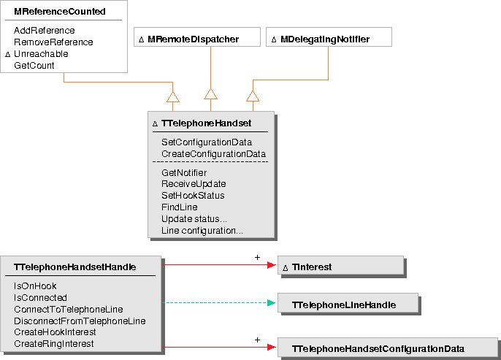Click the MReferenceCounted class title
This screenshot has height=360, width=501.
pyautogui.click(x=60, y=12)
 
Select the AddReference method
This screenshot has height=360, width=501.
pyautogui.click(x=45, y=31)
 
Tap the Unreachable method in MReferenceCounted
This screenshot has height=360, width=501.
pyautogui.click(x=41, y=54)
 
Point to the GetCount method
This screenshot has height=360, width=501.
pyautogui.click(x=34, y=66)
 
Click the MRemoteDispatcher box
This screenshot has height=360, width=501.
pyautogui.click(x=194, y=39)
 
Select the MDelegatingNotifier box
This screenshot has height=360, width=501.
pyautogui.click(x=325, y=39)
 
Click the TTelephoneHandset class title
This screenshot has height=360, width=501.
pyautogui.click(x=207, y=124)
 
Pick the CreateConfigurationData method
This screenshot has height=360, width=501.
pyautogui.click(x=213, y=154)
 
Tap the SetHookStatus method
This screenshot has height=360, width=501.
pyautogui.click(x=193, y=196)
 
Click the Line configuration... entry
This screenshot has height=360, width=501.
pyautogui.click(x=202, y=231)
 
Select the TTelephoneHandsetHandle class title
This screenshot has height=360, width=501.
pyautogui.click(x=75, y=267)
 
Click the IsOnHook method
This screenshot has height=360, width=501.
pyautogui.click(x=35, y=286)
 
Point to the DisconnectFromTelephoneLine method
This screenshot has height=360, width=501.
pyautogui.click(x=80, y=321)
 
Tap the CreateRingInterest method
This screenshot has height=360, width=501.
pyautogui.click(x=53, y=344)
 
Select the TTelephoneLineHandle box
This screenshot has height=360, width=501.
pyautogui.click(x=344, y=304)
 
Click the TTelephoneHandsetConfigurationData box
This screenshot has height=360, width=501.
pyautogui.click(x=378, y=348)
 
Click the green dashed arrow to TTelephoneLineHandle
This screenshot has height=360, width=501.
pyautogui.click(x=219, y=302)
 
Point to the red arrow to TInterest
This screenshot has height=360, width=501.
pyautogui.click(x=219, y=265)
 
